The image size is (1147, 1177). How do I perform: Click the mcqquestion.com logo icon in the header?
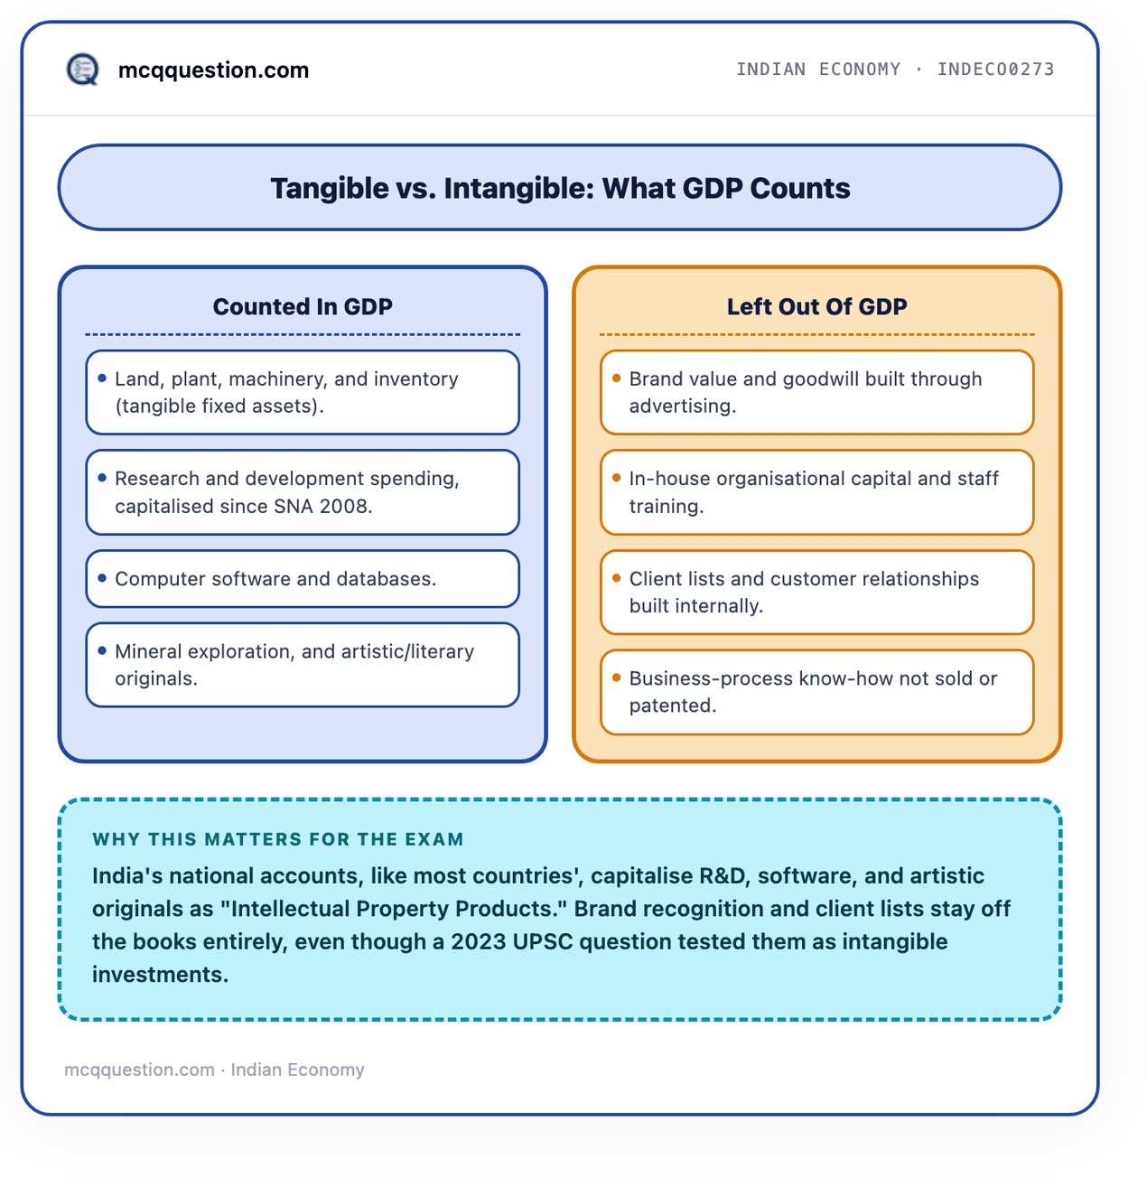[x=82, y=70]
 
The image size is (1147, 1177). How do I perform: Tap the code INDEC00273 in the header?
[x=995, y=70]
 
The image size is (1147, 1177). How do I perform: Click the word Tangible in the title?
[x=330, y=188]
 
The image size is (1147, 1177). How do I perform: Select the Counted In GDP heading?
[x=303, y=306]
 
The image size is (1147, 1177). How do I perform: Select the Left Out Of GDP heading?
[x=816, y=306]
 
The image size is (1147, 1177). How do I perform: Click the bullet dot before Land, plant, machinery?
[x=102, y=378]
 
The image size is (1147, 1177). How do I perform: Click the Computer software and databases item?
[x=275, y=579]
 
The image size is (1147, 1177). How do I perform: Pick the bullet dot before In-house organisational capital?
[x=616, y=478]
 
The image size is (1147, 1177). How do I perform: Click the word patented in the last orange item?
[x=672, y=705]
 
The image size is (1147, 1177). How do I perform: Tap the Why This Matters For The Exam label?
[x=278, y=839]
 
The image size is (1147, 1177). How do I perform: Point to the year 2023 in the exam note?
[x=479, y=942]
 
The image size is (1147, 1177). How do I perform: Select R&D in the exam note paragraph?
[x=722, y=876]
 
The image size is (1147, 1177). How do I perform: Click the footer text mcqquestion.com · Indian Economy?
[x=214, y=1070]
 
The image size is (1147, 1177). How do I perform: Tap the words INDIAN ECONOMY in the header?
[x=818, y=70]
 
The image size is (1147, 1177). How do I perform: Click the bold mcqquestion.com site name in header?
[x=213, y=70]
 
